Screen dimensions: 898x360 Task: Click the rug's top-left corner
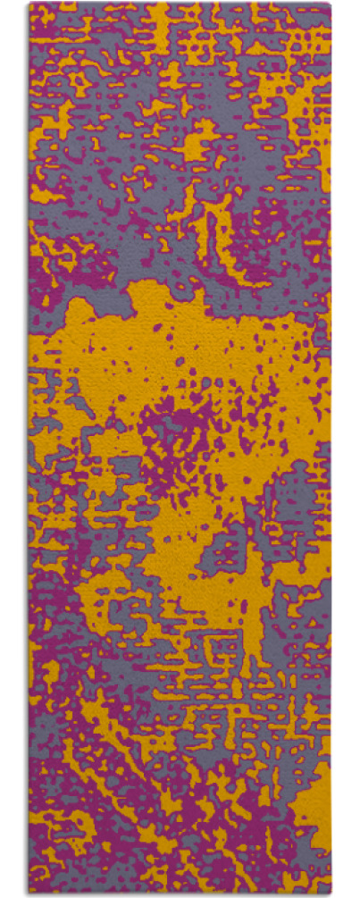[x=29, y=4]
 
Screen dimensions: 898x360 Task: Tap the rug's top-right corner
[x=330, y=4]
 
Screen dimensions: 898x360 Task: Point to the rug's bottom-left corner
[x=29, y=894]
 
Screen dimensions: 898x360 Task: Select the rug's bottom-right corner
[x=330, y=894]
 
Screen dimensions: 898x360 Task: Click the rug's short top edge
[x=179, y=4]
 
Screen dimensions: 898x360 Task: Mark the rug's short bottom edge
[x=179, y=894]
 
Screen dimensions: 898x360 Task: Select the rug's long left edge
[x=29, y=447]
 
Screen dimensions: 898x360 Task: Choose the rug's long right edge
[x=330, y=447]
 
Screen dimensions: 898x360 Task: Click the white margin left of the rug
[x=13, y=447]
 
